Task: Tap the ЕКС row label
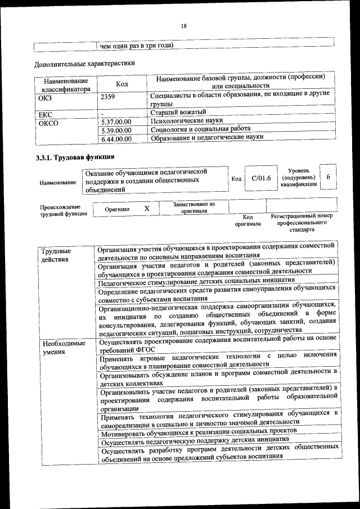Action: click(45, 114)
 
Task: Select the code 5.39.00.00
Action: click(115, 130)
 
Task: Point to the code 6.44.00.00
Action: click(115, 138)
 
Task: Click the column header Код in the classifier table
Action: click(121, 84)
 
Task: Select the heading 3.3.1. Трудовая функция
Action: click(75, 157)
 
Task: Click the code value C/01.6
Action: click(261, 178)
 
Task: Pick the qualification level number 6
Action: click(328, 177)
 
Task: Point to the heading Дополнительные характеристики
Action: click(84, 63)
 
